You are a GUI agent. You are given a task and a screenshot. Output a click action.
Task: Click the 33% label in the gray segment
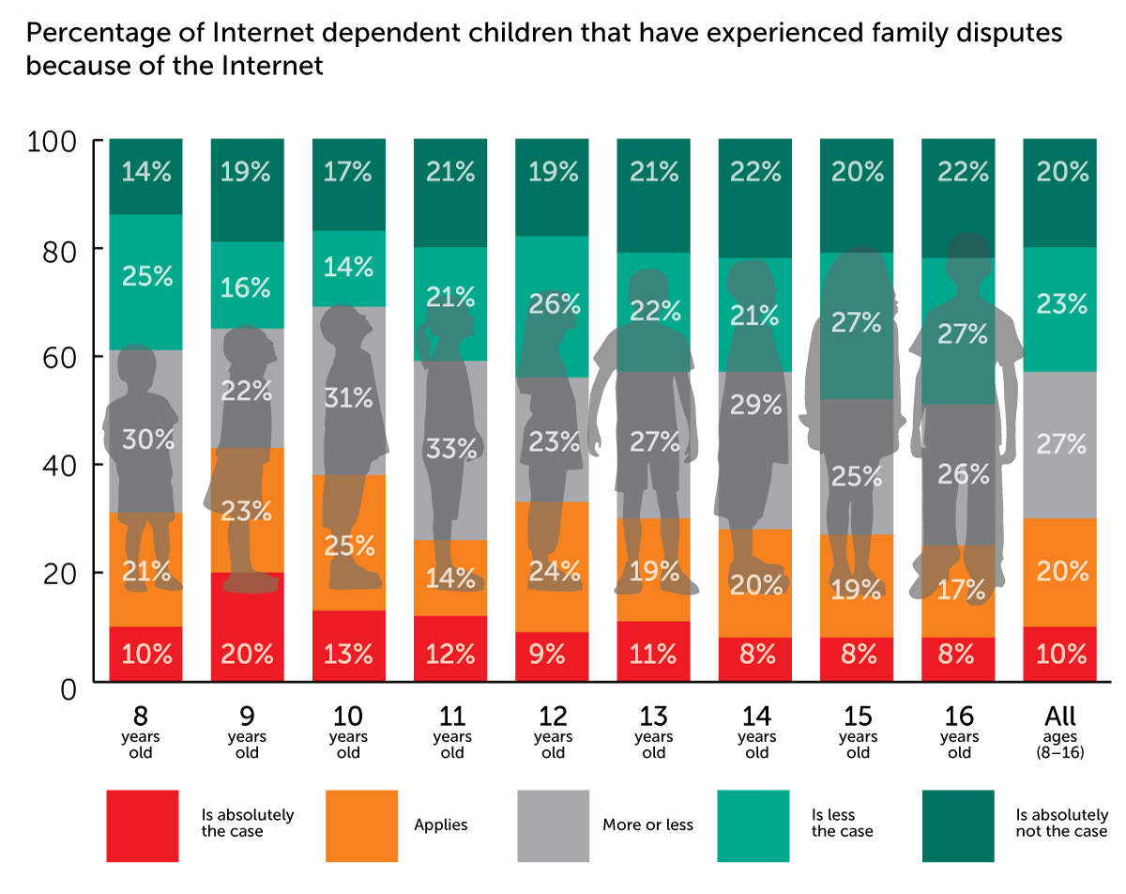(450, 449)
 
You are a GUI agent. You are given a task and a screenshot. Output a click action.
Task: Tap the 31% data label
(348, 398)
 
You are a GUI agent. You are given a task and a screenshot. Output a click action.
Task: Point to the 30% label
(147, 439)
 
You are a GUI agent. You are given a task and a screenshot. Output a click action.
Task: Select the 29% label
(755, 405)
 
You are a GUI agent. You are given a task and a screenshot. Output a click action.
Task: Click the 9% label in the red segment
(552, 654)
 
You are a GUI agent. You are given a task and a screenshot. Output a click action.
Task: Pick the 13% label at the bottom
(348, 654)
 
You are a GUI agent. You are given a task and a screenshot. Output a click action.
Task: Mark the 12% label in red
(450, 654)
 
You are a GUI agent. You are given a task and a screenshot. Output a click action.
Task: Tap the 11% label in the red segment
(653, 654)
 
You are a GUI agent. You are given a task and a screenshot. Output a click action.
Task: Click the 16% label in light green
(247, 287)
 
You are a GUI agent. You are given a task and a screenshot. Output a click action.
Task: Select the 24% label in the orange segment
(554, 571)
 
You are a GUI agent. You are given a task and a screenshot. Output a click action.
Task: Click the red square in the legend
(143, 826)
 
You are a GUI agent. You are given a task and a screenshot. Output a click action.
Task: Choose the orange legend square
(362, 826)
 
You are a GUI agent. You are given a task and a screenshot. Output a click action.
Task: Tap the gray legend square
(554, 826)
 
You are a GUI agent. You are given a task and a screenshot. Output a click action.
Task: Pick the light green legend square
(753, 826)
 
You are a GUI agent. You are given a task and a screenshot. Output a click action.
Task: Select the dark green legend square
(958, 826)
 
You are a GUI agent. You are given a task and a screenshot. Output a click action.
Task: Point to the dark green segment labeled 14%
(145, 177)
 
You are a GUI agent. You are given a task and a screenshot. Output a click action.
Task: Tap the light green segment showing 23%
(1059, 310)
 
